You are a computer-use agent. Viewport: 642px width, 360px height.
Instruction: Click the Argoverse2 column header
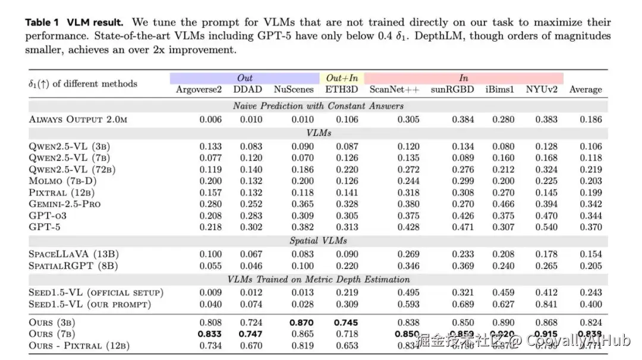tap(199, 90)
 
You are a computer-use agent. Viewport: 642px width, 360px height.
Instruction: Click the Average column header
tap(586, 90)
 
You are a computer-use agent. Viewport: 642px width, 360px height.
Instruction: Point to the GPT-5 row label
tap(46, 227)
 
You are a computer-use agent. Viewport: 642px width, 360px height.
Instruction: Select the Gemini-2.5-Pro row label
tap(65, 204)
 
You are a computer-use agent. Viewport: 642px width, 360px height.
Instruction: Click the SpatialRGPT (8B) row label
tap(74, 266)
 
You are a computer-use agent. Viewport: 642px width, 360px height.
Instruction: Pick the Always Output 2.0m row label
tap(78, 119)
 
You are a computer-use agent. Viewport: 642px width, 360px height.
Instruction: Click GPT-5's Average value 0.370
tap(591, 227)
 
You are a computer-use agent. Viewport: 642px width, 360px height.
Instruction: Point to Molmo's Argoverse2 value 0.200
tap(210, 181)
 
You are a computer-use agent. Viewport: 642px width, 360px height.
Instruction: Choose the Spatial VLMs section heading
tap(318, 241)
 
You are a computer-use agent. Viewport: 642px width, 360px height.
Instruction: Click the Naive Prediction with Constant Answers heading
tap(318, 106)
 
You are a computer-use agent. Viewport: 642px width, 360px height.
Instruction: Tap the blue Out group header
tap(245, 78)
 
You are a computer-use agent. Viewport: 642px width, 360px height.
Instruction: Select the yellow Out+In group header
tap(342, 78)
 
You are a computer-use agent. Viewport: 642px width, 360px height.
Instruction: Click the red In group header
tap(464, 78)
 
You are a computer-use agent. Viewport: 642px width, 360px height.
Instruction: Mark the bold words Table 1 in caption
tap(42, 23)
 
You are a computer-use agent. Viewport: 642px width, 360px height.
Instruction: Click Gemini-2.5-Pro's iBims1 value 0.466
tap(503, 204)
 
